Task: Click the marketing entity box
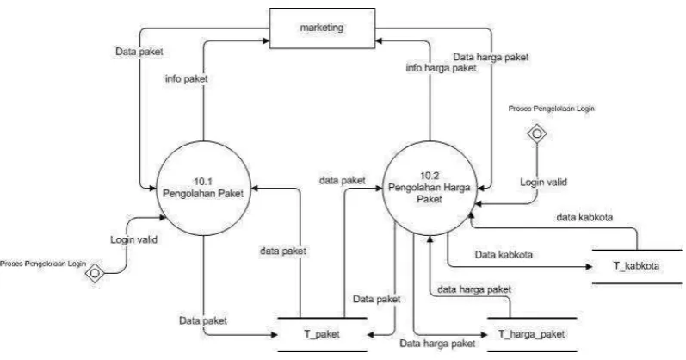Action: (322, 28)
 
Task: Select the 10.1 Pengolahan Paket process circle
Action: (203, 188)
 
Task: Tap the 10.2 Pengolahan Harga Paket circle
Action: (430, 188)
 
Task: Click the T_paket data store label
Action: (322, 334)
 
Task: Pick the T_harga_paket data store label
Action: (532, 334)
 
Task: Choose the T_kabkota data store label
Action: (636, 266)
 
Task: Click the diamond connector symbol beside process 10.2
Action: (537, 133)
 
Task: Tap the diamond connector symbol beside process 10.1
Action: (95, 273)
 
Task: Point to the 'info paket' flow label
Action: (187, 79)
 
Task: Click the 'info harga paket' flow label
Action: (441, 68)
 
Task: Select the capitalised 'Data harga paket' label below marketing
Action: (491, 57)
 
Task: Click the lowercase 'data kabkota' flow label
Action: (584, 217)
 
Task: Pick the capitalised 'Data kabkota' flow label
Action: (504, 254)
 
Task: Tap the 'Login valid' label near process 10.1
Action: (133, 239)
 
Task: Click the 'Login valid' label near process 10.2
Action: (543, 182)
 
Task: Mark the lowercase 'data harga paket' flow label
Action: (474, 289)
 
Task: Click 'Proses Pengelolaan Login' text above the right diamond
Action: (551, 109)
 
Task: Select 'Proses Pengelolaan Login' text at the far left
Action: (43, 264)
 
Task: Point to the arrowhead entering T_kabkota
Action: (590, 266)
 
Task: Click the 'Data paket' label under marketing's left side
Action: (139, 52)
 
